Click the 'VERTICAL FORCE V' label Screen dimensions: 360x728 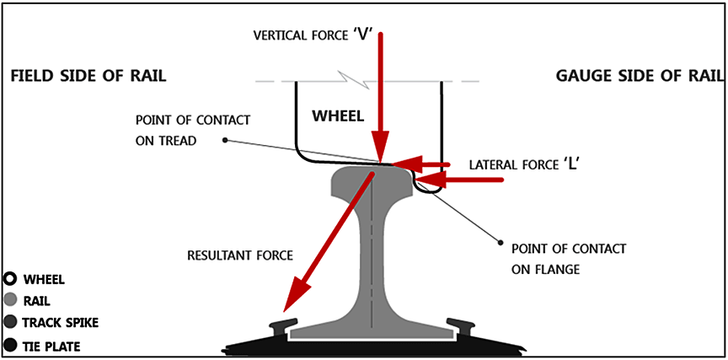[x=313, y=35]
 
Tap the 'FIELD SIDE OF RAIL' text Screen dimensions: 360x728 [x=88, y=77]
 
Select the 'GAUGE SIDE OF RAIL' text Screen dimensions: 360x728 [x=640, y=77]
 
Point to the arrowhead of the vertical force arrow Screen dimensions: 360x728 [x=382, y=152]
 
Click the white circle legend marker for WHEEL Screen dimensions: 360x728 [x=11, y=279]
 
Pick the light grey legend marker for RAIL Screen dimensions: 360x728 [x=11, y=299]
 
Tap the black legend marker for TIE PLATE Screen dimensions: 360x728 [x=11, y=344]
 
